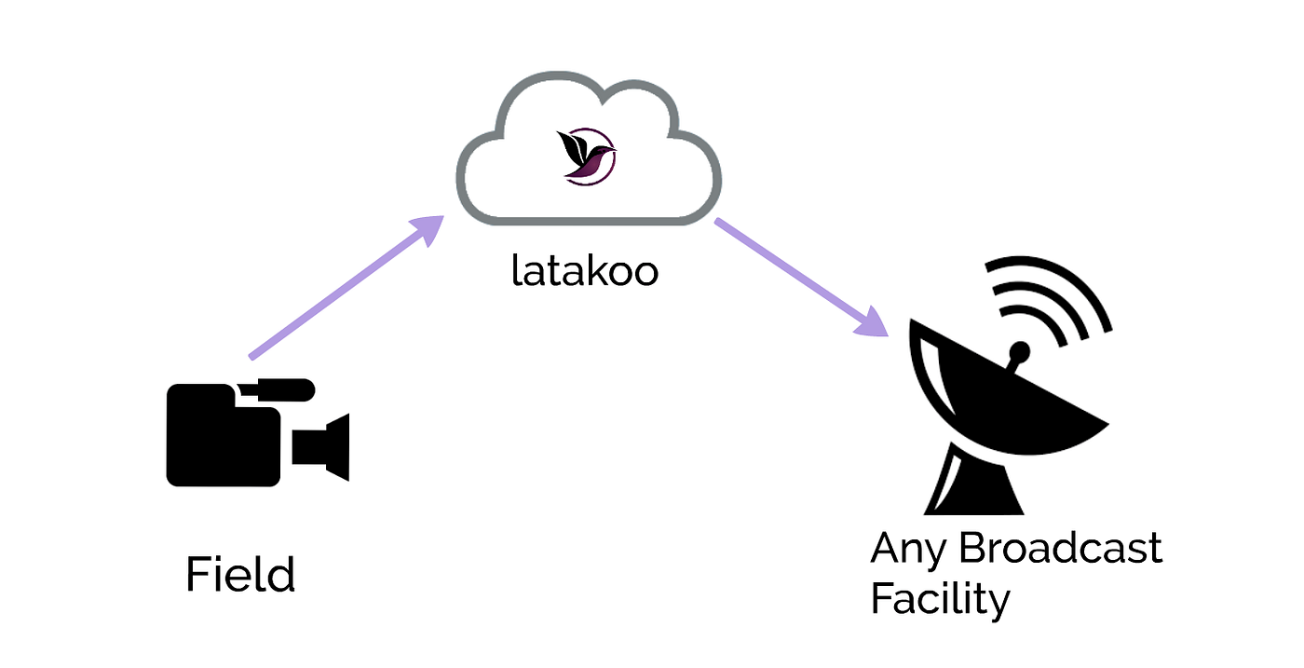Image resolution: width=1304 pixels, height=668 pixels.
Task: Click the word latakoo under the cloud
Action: pos(585,271)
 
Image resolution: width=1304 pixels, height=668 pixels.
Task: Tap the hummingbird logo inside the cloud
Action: pos(586,156)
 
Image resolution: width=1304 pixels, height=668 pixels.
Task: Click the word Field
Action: pos(240,575)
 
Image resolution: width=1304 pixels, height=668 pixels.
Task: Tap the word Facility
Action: pos(939,598)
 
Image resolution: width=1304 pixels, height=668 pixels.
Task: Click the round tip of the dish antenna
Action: pos(1021,351)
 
